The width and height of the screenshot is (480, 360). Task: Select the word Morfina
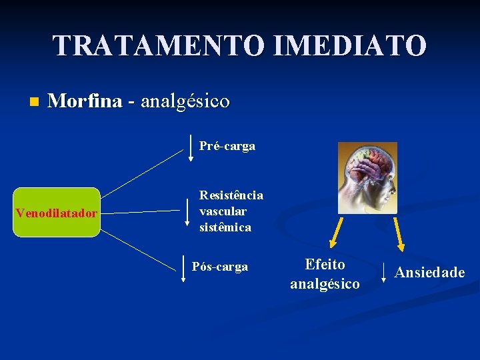(85, 101)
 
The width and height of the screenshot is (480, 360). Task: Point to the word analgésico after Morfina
(185, 101)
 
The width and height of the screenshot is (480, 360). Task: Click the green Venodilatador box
(57, 213)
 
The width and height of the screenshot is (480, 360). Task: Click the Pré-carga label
(227, 146)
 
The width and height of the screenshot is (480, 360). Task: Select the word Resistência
(231, 195)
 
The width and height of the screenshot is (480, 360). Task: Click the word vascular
(223, 211)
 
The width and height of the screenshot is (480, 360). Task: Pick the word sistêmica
(225, 227)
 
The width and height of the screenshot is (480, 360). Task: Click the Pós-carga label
(220, 267)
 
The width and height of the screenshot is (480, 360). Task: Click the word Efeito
(325, 264)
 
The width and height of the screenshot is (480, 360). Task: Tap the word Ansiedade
(429, 272)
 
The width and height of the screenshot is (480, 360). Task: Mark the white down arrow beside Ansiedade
(384, 272)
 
